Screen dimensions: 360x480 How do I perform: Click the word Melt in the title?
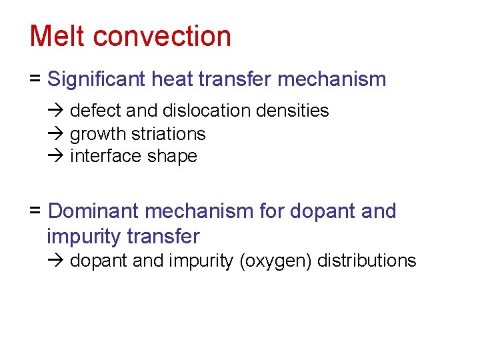pos(57,36)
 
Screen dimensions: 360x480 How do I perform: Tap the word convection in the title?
pos(162,36)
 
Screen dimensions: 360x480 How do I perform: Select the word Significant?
pos(97,79)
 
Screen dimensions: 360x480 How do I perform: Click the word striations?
pos(169,134)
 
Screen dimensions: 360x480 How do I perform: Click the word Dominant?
pos(94,211)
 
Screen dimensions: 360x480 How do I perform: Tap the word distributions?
pos(367,261)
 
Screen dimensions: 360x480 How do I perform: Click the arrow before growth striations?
pos(54,134)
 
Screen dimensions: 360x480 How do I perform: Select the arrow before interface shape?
pos(54,157)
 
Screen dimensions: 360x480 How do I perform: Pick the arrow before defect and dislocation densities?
pos(54,111)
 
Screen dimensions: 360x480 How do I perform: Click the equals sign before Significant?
pos(35,79)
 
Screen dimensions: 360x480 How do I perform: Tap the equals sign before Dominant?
pos(35,211)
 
